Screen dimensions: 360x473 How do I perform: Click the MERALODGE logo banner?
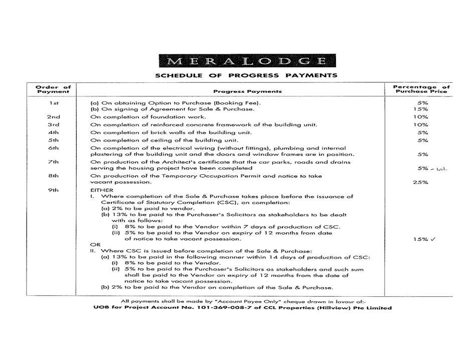(245, 62)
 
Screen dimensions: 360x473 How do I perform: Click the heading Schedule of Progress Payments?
(246, 76)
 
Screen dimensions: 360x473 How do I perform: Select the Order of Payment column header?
(53, 89)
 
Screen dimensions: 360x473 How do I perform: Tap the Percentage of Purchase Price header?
(421, 89)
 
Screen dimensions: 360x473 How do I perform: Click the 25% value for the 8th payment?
(420, 182)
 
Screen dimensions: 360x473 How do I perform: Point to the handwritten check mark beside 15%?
(433, 239)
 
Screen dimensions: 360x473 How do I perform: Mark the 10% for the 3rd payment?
(420, 125)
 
